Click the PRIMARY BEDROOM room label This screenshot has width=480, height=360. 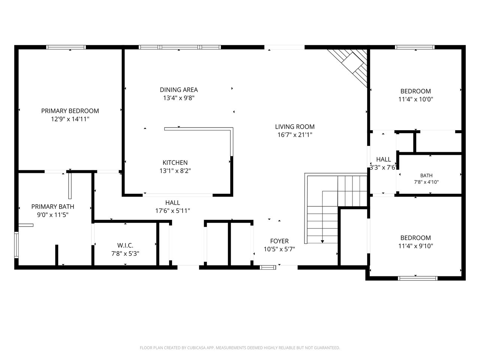(x=70, y=111)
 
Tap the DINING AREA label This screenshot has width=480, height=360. (x=178, y=90)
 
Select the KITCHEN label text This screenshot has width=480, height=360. (x=175, y=163)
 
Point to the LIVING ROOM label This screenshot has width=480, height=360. (x=295, y=127)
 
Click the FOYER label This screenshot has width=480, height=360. (x=279, y=241)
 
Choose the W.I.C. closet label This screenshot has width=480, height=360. (x=125, y=245)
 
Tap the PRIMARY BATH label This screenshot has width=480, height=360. (x=52, y=207)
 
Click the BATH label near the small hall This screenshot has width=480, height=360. (x=426, y=175)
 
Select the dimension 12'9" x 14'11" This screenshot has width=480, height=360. (x=70, y=119)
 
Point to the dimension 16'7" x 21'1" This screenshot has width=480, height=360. (x=295, y=135)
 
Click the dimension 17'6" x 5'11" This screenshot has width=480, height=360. (x=172, y=211)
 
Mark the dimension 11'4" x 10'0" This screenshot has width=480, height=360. (x=415, y=99)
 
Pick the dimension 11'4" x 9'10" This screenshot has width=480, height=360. (x=415, y=246)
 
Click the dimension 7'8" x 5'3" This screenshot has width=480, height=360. (x=125, y=253)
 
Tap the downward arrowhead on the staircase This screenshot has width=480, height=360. (x=322, y=241)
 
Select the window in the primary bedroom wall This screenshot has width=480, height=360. (x=66, y=47)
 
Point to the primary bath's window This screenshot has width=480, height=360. (x=16, y=245)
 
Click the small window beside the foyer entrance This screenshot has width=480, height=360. (x=268, y=267)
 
